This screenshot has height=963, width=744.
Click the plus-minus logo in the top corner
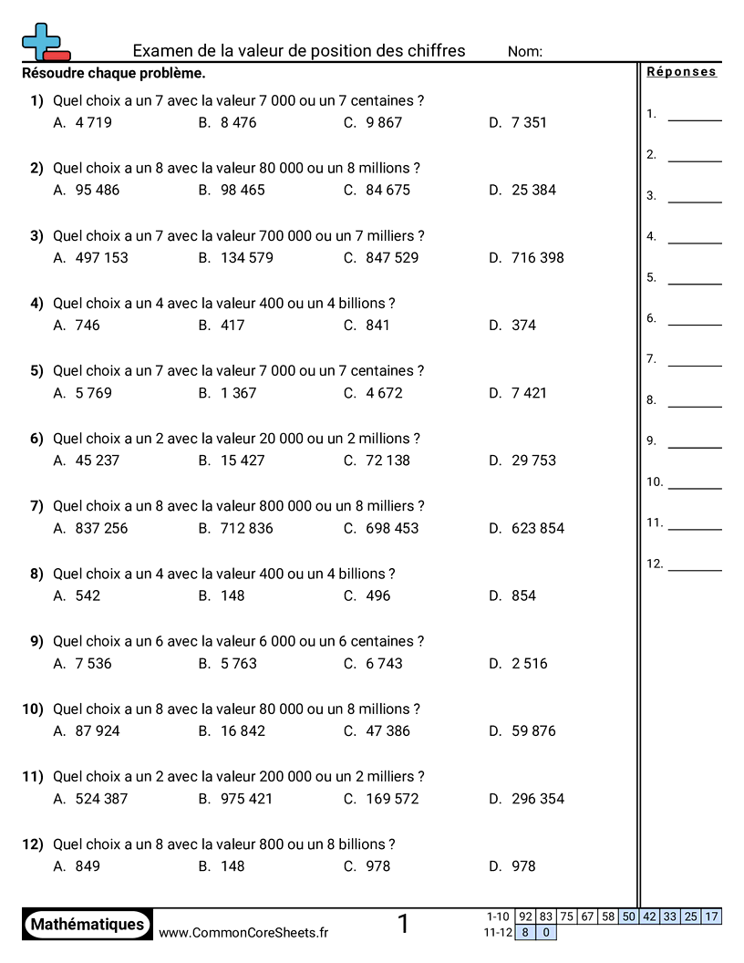click(x=45, y=43)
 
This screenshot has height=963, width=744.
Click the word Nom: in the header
click(x=525, y=52)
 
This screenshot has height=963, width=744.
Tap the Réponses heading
click(x=681, y=72)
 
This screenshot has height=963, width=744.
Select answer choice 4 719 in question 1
click(x=93, y=122)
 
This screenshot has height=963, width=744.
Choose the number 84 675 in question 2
click(x=387, y=190)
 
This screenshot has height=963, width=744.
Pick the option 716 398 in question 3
click(x=538, y=257)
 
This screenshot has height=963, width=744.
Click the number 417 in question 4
click(x=232, y=325)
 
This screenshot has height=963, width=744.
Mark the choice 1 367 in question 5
click(x=239, y=393)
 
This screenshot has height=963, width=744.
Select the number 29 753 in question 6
click(x=533, y=461)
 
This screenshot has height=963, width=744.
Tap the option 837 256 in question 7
click(x=101, y=528)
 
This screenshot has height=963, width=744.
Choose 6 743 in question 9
click(x=384, y=663)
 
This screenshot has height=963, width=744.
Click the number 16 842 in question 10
click(x=243, y=730)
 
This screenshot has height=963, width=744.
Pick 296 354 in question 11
click(x=538, y=799)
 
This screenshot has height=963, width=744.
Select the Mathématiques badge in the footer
click(x=88, y=925)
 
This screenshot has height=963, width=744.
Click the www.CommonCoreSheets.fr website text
click(x=243, y=932)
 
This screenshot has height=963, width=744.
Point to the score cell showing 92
click(x=525, y=916)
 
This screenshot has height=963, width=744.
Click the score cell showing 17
click(x=712, y=916)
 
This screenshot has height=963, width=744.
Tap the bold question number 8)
click(x=36, y=574)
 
